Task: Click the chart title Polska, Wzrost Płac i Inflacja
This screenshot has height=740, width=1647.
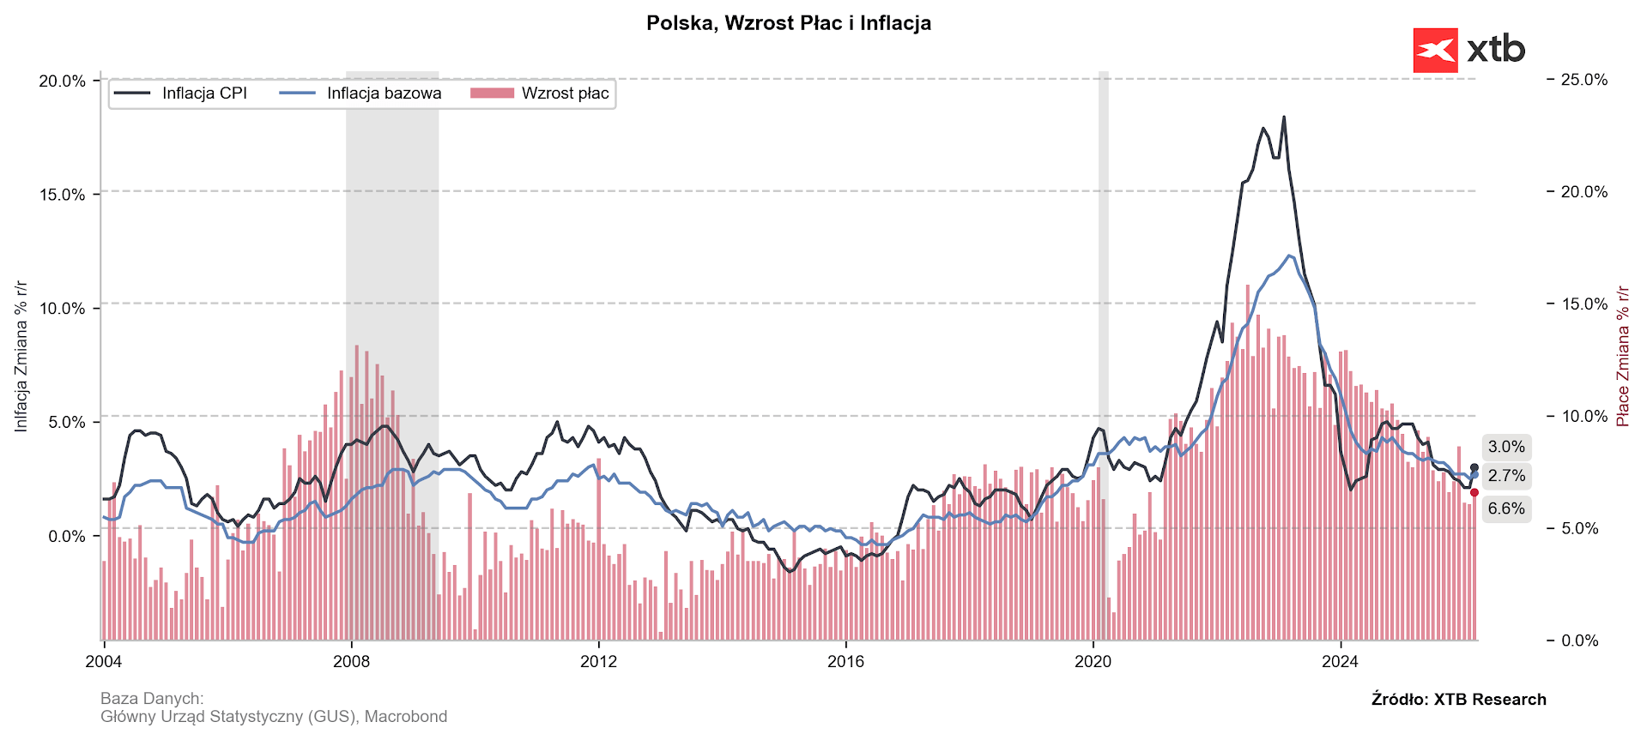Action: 788,23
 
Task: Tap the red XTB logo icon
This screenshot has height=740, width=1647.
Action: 1435,51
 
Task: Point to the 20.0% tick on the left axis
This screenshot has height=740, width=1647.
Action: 63,81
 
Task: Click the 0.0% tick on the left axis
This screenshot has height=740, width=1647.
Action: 66,537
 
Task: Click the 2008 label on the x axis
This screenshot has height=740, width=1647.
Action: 351,661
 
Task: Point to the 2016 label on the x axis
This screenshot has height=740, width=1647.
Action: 845,661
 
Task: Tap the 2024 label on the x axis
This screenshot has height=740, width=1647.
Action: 1340,661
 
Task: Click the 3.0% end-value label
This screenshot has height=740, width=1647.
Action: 1506,447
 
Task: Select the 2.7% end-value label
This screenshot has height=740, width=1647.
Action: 1506,476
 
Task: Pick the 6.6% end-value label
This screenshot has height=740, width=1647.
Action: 1506,508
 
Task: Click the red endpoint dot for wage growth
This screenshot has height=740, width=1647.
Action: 1474,492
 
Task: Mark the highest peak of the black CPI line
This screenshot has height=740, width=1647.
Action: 1284,117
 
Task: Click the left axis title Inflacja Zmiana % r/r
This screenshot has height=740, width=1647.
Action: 21,356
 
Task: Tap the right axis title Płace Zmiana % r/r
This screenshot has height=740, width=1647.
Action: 1622,356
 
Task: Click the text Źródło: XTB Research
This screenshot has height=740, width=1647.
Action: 1458,699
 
